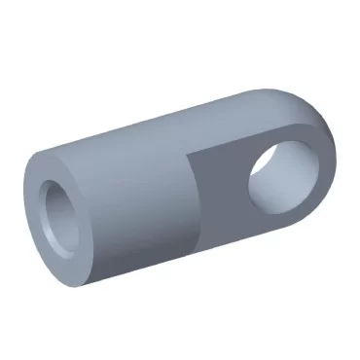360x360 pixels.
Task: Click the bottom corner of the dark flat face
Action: click(201, 242)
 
